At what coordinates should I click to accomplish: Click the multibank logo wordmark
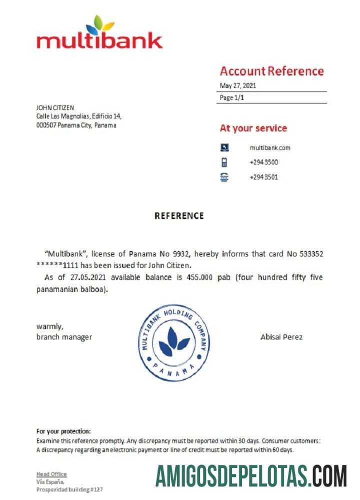[99, 40]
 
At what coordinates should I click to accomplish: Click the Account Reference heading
[271, 71]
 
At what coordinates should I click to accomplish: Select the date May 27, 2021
[238, 85]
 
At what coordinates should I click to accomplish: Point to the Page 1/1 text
[232, 98]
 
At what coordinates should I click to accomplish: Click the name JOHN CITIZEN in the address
[55, 107]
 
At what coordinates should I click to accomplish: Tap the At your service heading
[253, 128]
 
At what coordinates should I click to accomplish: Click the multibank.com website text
[270, 147]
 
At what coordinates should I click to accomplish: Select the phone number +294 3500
[263, 162]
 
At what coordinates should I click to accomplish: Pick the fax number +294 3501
[263, 177]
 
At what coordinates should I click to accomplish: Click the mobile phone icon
[224, 162]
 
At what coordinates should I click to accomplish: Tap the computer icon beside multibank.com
[224, 147]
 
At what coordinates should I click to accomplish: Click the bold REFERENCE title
[179, 216]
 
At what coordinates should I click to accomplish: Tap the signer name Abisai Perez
[281, 337]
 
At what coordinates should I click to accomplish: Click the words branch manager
[64, 337]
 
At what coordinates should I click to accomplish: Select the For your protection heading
[63, 431]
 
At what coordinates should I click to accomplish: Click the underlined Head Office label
[51, 474]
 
